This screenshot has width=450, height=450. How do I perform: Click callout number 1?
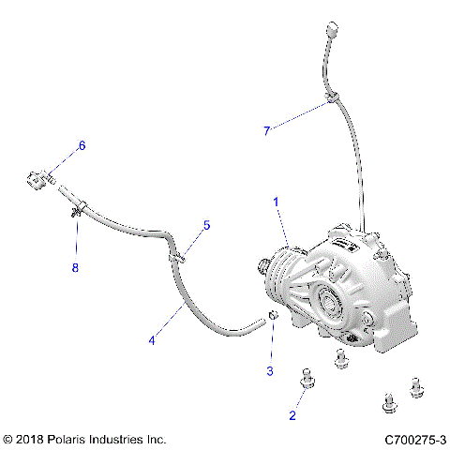tap(276, 202)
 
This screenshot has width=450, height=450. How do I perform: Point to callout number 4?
tap(151, 340)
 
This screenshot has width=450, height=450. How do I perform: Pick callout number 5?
tap(207, 225)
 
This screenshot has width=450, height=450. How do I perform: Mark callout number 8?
tap(77, 267)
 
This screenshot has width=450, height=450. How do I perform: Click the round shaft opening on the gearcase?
tap(332, 300)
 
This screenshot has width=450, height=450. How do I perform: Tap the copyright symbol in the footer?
tap(8, 439)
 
